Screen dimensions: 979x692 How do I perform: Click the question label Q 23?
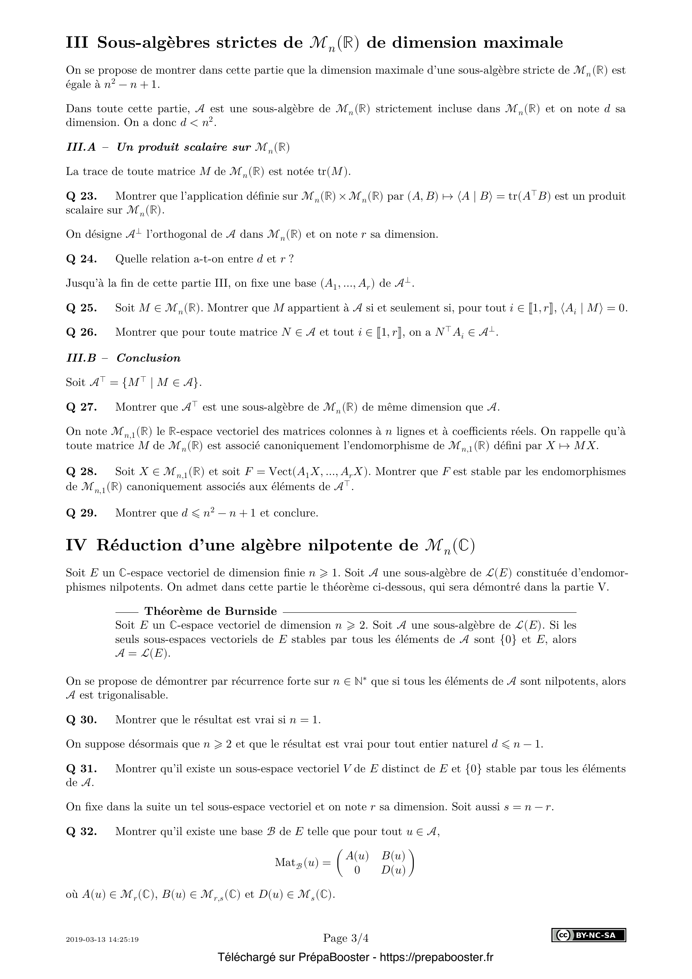(x=82, y=196)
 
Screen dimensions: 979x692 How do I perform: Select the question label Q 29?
(x=82, y=513)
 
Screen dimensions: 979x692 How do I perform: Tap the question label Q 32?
(x=82, y=832)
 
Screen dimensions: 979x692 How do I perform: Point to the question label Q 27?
(x=82, y=407)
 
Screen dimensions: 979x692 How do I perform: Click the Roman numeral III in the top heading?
(x=77, y=43)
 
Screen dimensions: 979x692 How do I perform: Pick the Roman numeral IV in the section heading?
(x=76, y=546)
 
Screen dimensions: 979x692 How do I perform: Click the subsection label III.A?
(x=81, y=147)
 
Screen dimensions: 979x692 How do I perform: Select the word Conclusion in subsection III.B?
(x=148, y=358)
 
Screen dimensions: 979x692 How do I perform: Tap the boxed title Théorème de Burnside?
(x=210, y=612)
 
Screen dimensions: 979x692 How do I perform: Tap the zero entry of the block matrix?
(x=357, y=870)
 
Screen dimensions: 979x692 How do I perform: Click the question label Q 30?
(x=82, y=720)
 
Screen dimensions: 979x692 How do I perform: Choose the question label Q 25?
(x=82, y=308)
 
